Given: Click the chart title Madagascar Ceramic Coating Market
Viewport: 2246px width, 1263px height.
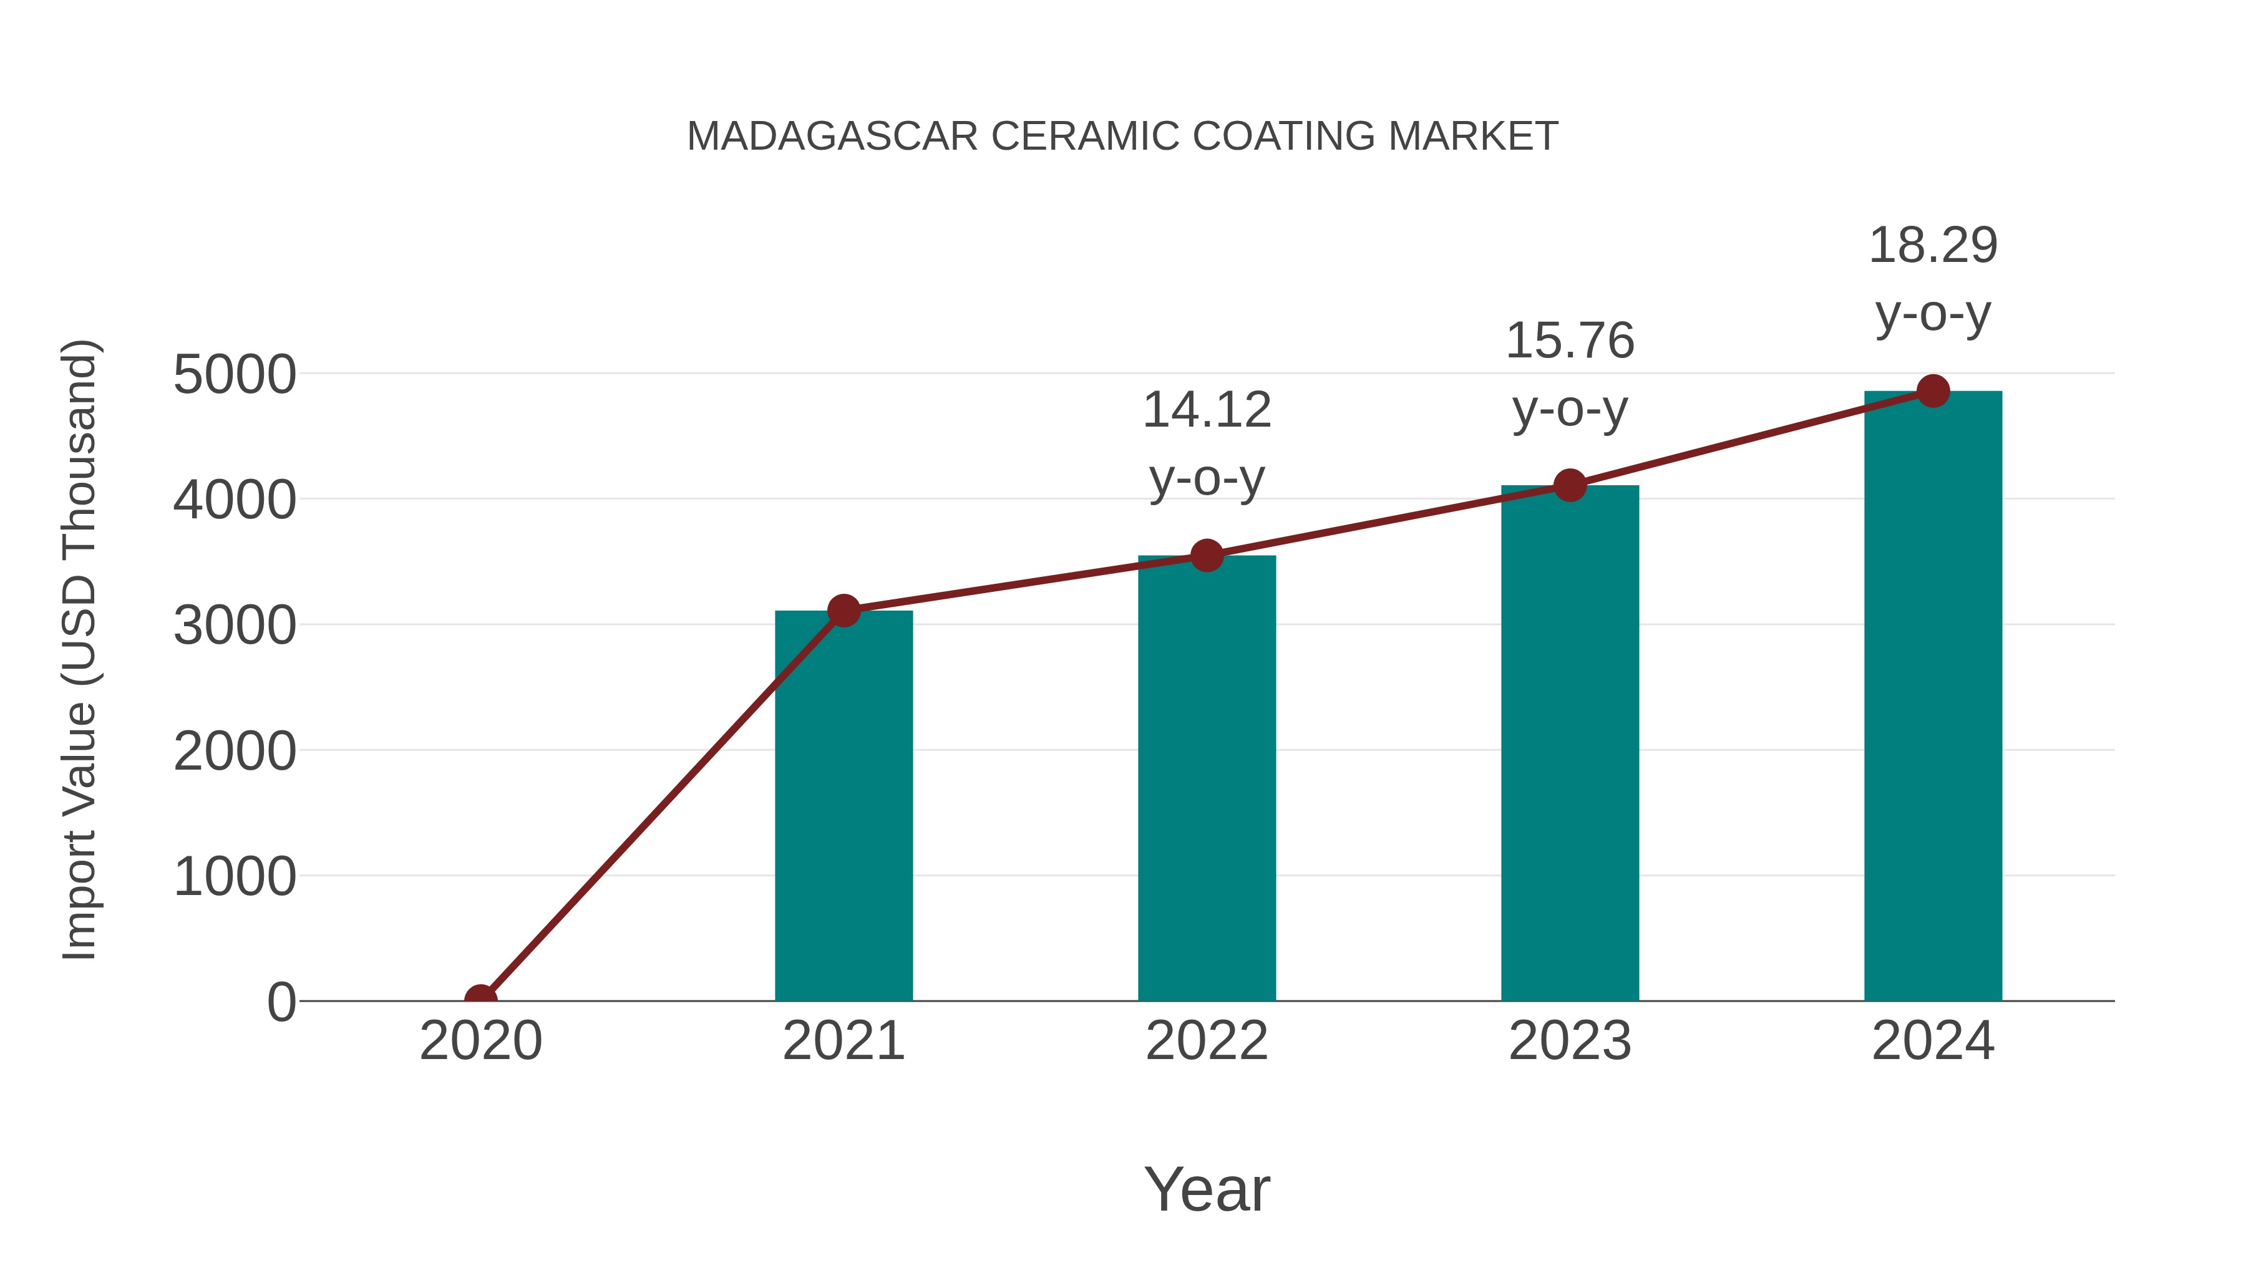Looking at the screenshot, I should coord(1122,137).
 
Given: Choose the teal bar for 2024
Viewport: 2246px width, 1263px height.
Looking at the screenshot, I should coord(1933,697).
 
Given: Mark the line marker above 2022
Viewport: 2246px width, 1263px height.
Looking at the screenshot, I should coord(1207,555).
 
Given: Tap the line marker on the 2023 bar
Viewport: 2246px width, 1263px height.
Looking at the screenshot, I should coord(1570,485).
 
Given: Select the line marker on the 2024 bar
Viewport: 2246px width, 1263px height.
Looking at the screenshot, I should coord(1933,391).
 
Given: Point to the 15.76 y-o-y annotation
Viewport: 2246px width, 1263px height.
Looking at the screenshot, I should coord(1570,374).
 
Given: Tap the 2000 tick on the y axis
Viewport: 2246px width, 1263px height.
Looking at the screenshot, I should coord(235,752).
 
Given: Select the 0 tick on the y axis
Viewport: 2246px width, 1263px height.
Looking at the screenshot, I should coord(281,1002).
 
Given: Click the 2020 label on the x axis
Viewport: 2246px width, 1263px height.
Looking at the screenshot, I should coord(480,1041).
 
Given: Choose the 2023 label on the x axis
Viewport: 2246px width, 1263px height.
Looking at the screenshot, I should coord(1570,1041).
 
